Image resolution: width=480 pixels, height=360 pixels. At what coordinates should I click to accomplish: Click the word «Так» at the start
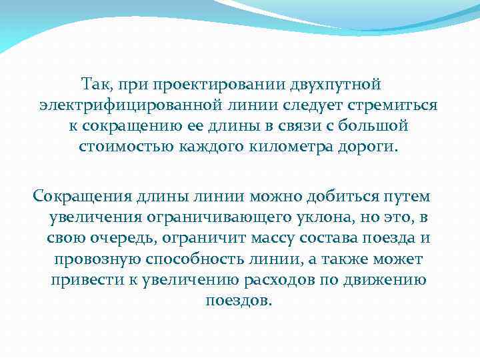click(x=95, y=85)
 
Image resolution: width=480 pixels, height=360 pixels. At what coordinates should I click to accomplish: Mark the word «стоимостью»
click(x=125, y=146)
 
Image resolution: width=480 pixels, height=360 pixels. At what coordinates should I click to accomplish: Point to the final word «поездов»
click(x=239, y=299)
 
